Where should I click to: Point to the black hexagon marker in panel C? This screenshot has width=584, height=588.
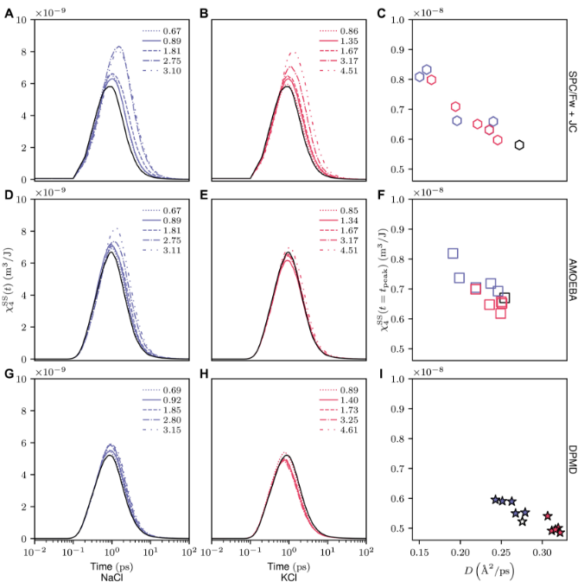pos(519,144)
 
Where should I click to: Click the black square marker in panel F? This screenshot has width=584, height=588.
pos(505,297)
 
